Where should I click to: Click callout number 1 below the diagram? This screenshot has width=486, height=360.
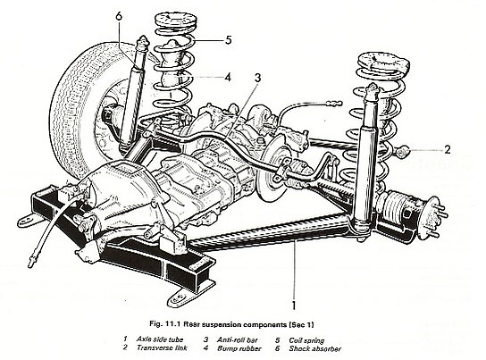(x=294, y=305)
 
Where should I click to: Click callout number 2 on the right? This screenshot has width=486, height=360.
(x=447, y=150)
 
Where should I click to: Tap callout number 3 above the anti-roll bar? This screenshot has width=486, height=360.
(x=258, y=78)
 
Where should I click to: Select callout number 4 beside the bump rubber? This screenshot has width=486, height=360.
(x=228, y=77)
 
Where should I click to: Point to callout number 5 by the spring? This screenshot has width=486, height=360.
(x=229, y=40)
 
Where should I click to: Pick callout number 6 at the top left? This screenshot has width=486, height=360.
(x=119, y=16)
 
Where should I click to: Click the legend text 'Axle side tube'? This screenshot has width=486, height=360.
(x=160, y=339)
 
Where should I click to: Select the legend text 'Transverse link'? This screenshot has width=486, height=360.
(x=162, y=347)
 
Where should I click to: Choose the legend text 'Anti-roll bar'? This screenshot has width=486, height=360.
(x=238, y=339)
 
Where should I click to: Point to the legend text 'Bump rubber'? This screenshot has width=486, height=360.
(x=239, y=348)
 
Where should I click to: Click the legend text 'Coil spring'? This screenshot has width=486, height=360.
(x=306, y=340)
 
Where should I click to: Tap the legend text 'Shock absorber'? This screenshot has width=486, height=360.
(x=314, y=348)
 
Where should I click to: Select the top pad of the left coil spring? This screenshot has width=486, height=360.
(x=175, y=21)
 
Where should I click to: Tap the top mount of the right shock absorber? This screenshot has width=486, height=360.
(x=372, y=92)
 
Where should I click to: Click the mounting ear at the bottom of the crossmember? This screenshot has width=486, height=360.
(x=180, y=297)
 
